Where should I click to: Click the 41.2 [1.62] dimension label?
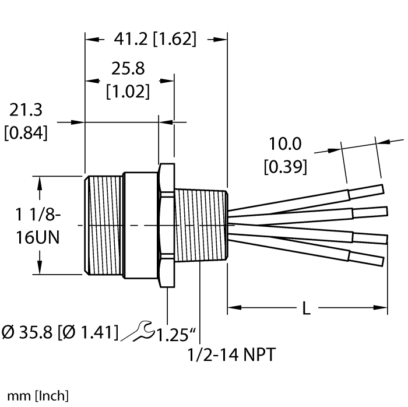[x=155, y=40]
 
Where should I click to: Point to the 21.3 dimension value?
[x=26, y=111]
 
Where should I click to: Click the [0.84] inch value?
[x=26, y=133]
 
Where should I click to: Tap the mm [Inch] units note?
[x=35, y=396]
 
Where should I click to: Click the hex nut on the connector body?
[x=166, y=225]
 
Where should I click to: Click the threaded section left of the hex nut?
[x=104, y=225]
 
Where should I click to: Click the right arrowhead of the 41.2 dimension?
[x=221, y=40]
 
